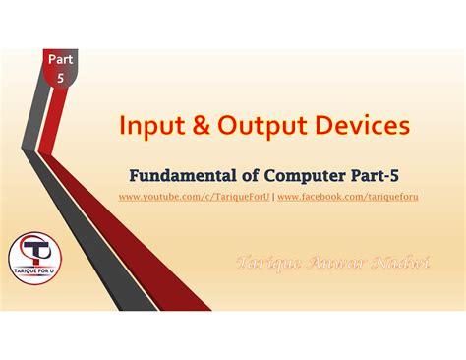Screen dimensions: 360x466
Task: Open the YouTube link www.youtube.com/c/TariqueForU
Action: (x=194, y=198)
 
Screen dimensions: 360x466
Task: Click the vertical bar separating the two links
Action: (x=273, y=198)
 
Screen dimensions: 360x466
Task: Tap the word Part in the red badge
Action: (x=60, y=61)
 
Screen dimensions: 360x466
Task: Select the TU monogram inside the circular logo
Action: (x=38, y=252)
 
